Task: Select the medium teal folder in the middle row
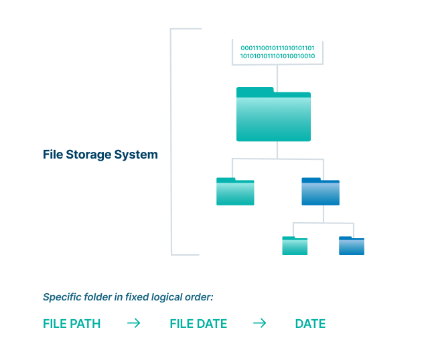click(x=235, y=192)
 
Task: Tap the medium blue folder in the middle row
click(x=320, y=192)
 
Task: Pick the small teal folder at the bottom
click(x=295, y=246)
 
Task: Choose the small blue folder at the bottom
click(x=352, y=246)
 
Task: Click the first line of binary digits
click(x=277, y=48)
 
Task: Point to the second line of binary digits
click(x=277, y=56)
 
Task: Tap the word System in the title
click(x=139, y=155)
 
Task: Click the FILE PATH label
click(x=72, y=324)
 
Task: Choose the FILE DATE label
click(x=198, y=324)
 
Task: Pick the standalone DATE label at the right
click(x=310, y=324)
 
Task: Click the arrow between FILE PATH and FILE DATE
click(x=134, y=323)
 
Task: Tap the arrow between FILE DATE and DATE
click(x=259, y=323)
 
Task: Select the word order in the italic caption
click(x=199, y=297)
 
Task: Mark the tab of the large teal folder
click(x=255, y=90)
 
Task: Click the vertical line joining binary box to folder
click(x=277, y=76)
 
